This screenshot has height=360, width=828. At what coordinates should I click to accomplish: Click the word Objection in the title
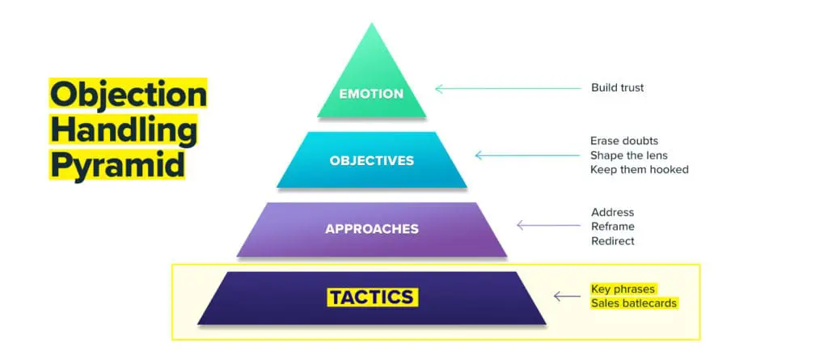point(128,95)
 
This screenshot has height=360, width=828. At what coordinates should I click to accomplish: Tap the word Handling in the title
point(123,130)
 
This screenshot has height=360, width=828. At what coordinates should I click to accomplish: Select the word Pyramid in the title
point(117,165)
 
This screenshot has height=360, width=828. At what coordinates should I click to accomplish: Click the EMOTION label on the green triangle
point(371,94)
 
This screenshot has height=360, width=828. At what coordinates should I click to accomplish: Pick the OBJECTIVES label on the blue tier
point(371,160)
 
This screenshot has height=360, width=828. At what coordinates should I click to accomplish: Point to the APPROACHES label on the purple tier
point(372,229)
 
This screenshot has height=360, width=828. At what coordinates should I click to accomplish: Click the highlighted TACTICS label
point(372,297)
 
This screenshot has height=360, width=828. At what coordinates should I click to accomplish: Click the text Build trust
point(619,87)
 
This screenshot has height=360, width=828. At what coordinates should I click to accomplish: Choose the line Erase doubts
point(623,141)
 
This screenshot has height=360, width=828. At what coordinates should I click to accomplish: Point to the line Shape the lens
point(628,155)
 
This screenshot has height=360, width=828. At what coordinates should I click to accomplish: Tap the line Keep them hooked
point(639,170)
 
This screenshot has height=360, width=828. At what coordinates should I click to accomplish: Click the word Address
point(612,213)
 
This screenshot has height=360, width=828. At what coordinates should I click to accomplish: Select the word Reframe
point(612,227)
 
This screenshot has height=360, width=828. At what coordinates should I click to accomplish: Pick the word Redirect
point(612,241)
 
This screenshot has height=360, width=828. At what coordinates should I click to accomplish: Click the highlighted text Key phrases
point(623,289)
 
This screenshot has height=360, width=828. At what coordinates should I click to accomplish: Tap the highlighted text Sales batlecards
point(633,303)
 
